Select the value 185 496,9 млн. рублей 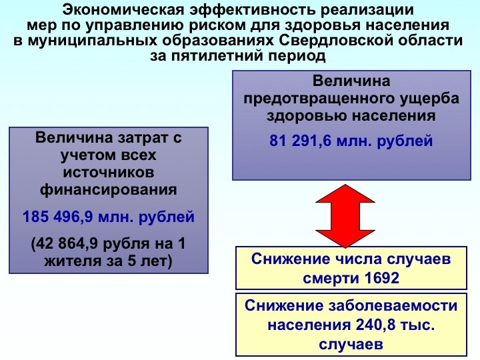[x=108, y=217]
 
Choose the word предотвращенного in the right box [x=311, y=99]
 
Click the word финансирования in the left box [x=109, y=189]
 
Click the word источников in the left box [x=109, y=173]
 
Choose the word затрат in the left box [x=134, y=139]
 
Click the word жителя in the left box [x=68, y=261]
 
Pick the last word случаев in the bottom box [x=351, y=345]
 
